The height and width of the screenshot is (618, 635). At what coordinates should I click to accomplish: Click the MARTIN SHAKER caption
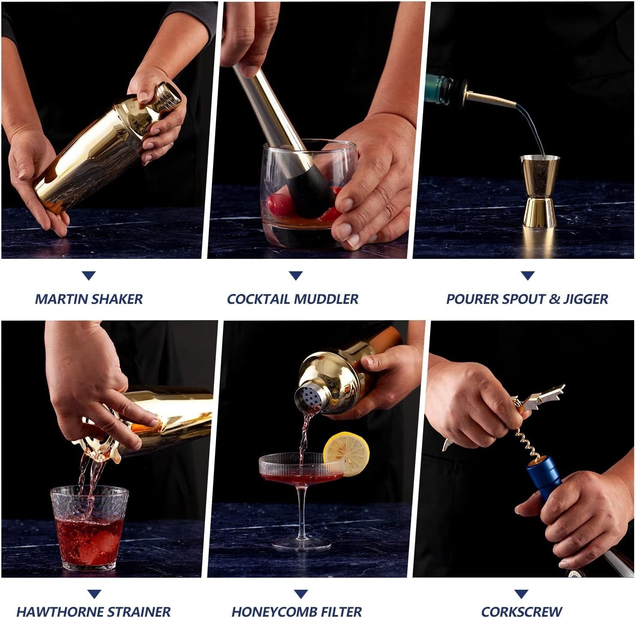tap(89, 299)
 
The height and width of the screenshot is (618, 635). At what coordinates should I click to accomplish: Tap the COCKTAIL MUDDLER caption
tap(292, 299)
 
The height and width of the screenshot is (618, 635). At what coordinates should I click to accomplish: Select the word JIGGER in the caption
tap(586, 299)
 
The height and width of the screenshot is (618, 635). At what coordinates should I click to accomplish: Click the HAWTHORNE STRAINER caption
tap(93, 611)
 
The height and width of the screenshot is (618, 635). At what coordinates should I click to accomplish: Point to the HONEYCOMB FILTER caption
tap(297, 611)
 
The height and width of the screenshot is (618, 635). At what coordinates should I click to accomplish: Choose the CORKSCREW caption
tap(521, 611)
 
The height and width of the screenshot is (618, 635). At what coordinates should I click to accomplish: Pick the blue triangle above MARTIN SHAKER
tap(89, 276)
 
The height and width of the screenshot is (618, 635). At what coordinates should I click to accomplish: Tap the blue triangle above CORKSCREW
tap(521, 594)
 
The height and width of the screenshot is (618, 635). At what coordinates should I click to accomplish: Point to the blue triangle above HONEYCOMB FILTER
tap(301, 594)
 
